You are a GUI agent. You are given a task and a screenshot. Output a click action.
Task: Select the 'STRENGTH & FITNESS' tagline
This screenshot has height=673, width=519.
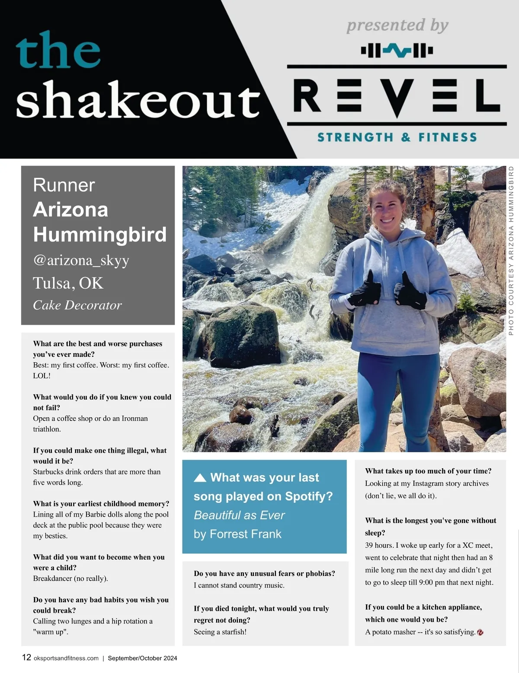(397, 137)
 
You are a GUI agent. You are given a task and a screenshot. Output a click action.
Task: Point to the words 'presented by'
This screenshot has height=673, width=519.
(397, 26)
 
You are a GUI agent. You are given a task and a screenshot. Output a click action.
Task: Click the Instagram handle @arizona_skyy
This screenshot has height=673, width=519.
(81, 260)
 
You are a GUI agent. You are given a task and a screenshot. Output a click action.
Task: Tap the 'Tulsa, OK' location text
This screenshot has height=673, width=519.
(68, 283)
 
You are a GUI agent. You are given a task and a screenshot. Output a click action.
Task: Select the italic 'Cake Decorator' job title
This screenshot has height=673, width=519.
(77, 305)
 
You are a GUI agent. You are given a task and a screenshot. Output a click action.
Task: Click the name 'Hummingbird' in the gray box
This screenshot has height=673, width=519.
(99, 235)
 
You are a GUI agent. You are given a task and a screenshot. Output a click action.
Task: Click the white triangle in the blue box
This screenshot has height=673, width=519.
(200, 477)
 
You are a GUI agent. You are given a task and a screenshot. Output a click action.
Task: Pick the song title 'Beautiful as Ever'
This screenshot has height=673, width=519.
(239, 515)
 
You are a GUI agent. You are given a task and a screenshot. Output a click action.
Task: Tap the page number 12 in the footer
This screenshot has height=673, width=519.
(26, 657)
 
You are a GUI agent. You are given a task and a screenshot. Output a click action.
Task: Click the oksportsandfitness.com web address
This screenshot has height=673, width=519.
(66, 658)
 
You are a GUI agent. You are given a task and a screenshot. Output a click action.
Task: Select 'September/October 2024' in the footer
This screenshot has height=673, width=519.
(142, 658)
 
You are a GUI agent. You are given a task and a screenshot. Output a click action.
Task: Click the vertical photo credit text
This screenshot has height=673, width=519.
(511, 251)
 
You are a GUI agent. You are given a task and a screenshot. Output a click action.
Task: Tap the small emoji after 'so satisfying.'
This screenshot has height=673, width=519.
(480, 632)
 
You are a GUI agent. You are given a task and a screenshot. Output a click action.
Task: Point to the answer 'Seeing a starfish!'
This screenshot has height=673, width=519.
(220, 632)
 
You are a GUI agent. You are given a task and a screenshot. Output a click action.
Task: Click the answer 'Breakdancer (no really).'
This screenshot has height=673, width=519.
(70, 578)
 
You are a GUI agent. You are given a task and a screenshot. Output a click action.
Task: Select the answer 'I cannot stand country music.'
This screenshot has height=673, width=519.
(239, 585)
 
